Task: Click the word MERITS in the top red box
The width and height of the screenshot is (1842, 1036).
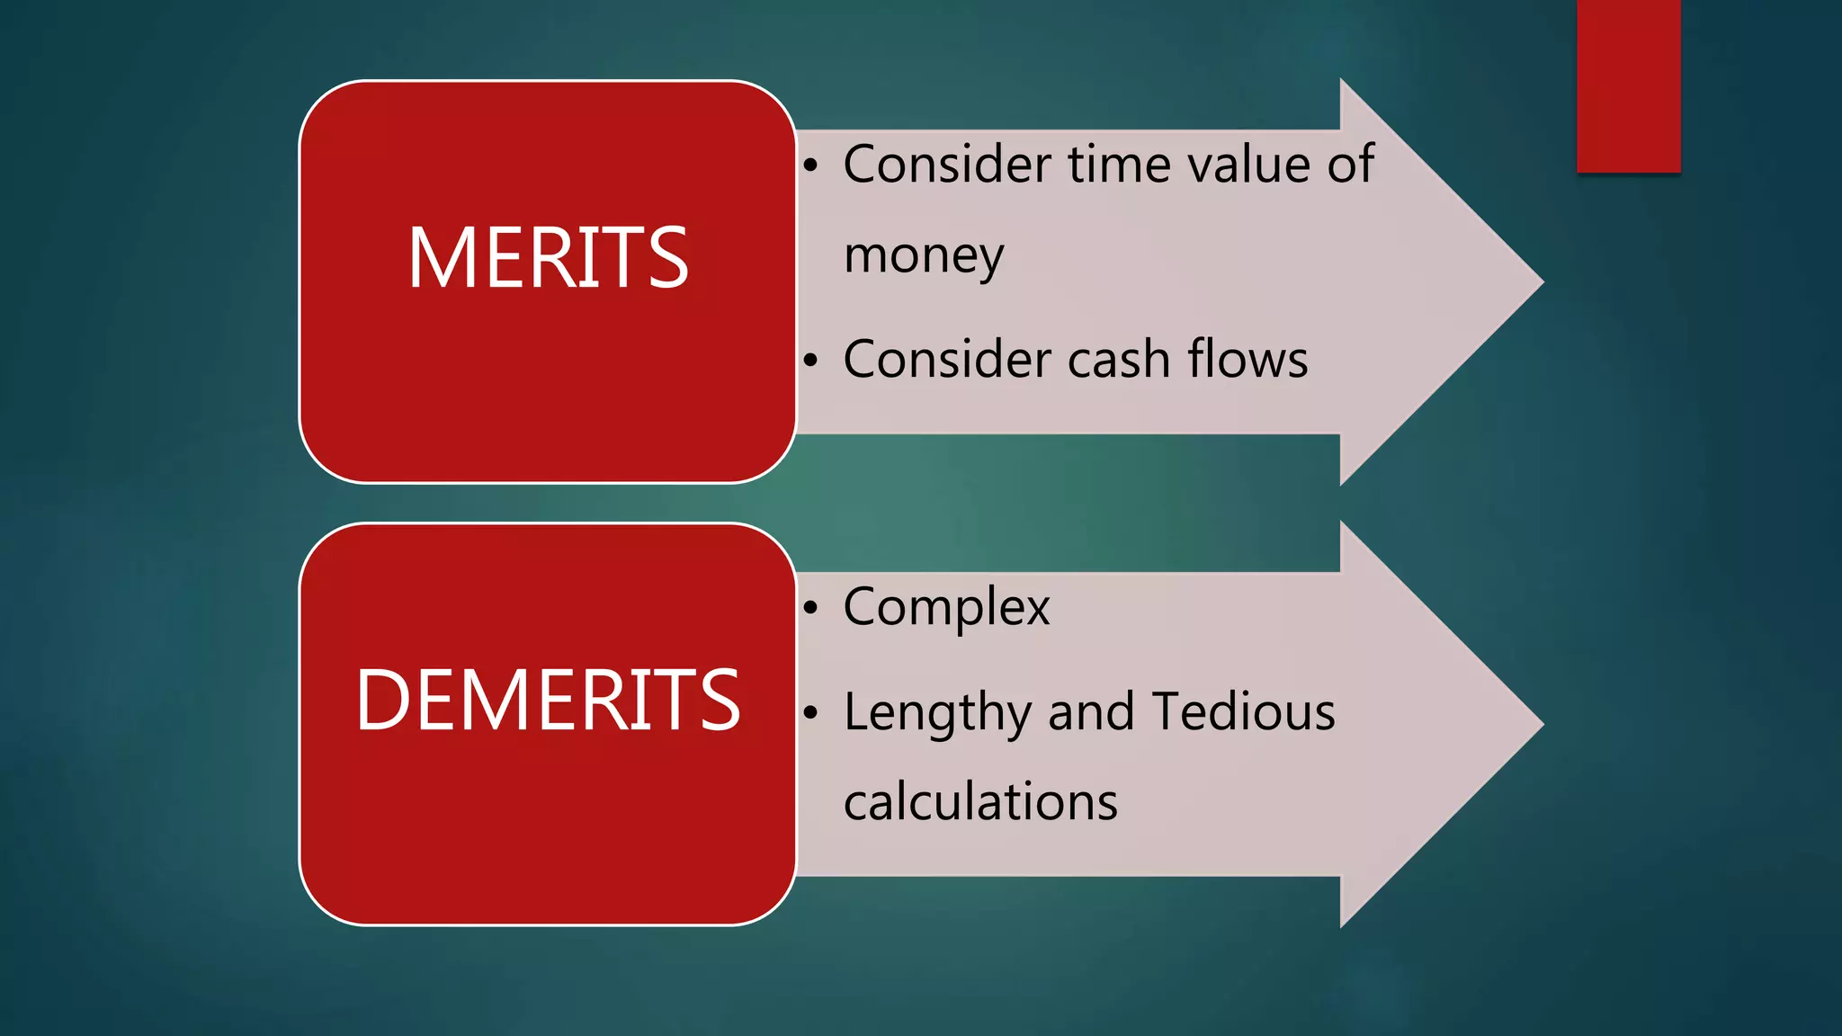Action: pos(548,258)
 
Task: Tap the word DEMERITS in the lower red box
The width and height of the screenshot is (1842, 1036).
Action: pos(548,701)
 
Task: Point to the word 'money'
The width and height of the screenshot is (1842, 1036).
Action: pos(923,256)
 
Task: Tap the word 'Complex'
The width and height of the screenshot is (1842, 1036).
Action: pos(946,608)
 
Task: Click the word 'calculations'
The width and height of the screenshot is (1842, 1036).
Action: pos(980,802)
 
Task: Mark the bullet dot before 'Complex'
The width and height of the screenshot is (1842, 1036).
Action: pos(810,609)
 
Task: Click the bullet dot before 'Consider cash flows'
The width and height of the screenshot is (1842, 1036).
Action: pos(810,361)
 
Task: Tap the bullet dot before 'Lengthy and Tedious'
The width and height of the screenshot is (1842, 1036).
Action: pos(810,714)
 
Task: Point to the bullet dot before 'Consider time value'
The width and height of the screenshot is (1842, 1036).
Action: pos(810,165)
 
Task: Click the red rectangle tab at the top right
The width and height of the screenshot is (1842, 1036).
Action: pos(1628,85)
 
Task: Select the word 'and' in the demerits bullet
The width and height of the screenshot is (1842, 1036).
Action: pos(1090,712)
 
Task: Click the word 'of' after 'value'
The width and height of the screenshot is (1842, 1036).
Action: pos(1351,165)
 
